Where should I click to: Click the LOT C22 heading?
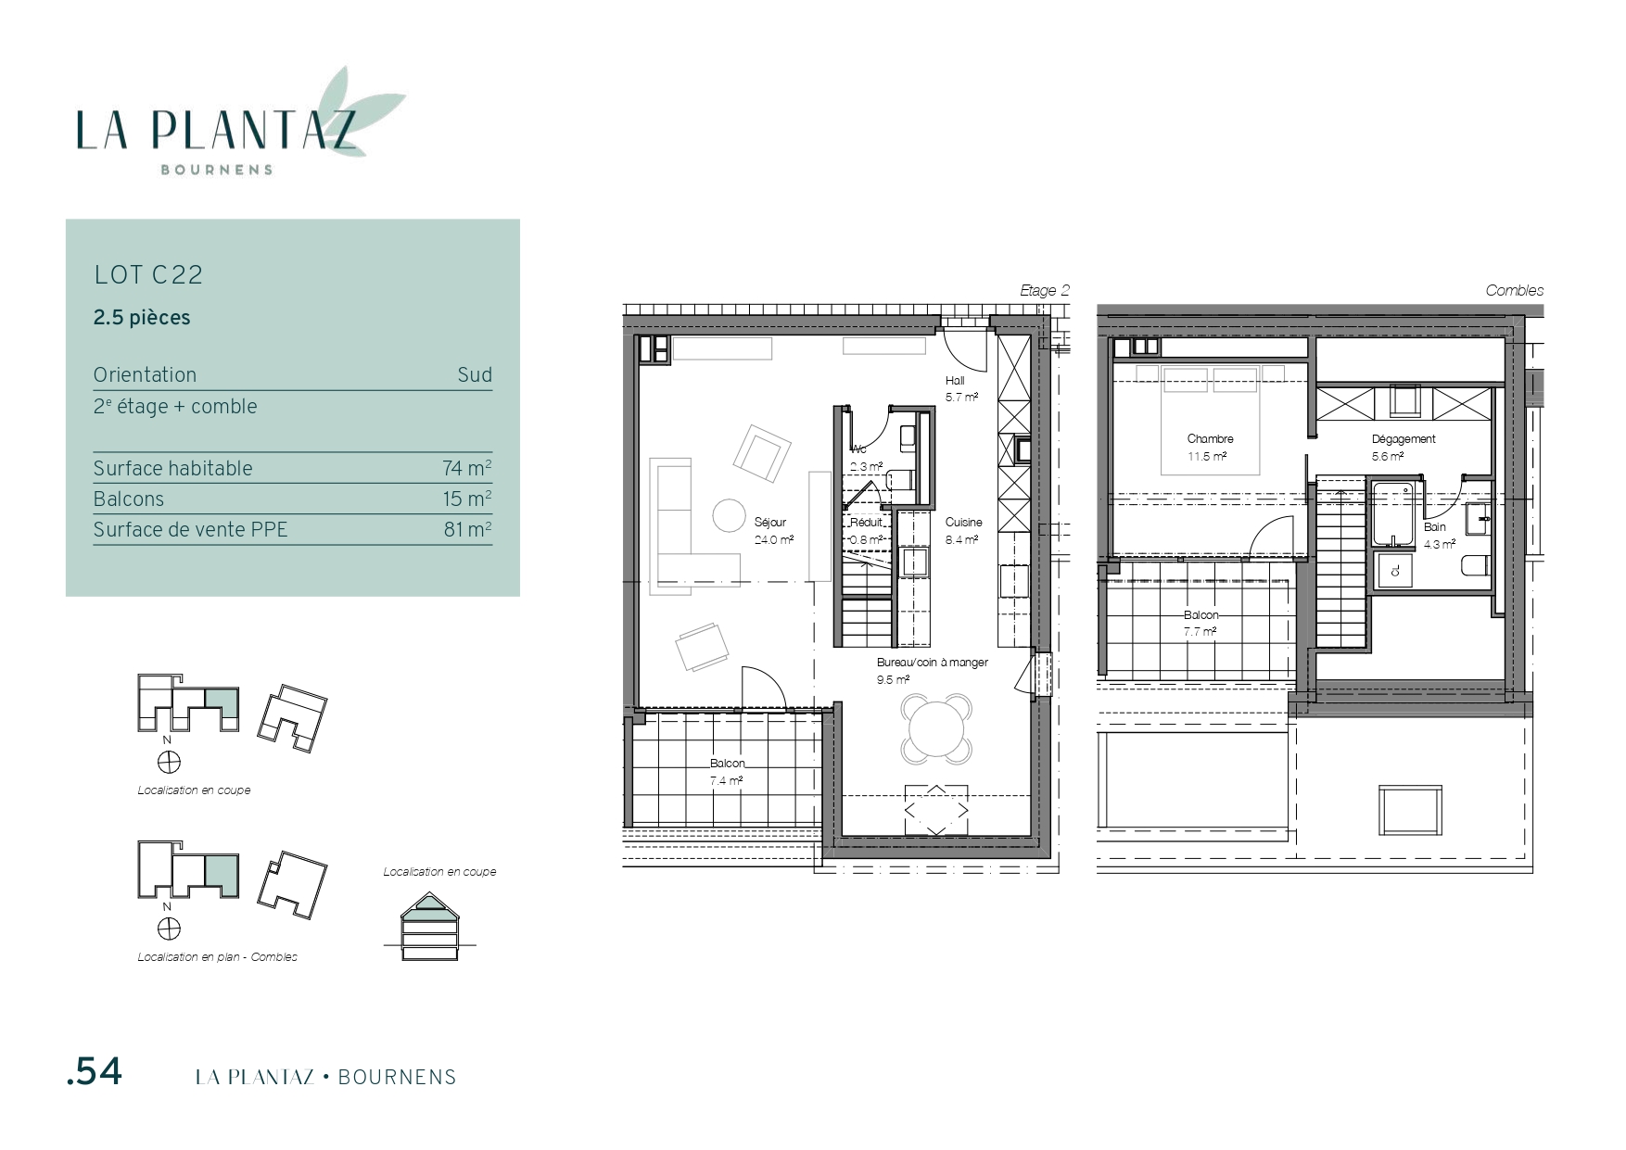pos(148,275)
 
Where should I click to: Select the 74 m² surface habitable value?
pos(467,468)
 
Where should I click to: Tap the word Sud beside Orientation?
pos(475,374)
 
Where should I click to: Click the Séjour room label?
pos(770,523)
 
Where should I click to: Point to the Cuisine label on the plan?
pos(963,523)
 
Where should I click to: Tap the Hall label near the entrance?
pos(955,381)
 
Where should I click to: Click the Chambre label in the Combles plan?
pos(1210,439)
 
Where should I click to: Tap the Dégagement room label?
pos(1404,439)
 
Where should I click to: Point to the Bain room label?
pos(1435,527)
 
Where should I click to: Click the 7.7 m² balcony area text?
pos(1200,632)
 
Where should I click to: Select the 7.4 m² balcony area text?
pos(727,780)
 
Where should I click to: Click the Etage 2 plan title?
pos(1045,290)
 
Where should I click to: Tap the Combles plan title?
pos(1515,290)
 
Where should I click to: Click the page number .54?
pos(95,1072)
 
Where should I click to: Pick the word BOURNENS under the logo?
pos(217,170)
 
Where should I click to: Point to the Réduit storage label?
pos(867,523)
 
